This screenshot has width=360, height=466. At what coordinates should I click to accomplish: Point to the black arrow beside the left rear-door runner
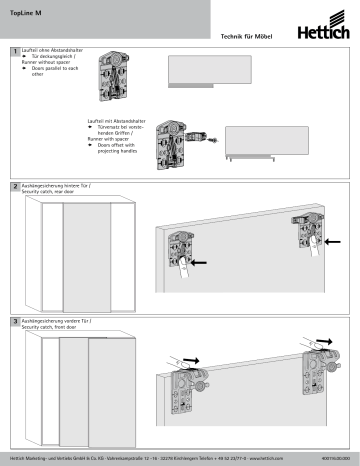point(201,263)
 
